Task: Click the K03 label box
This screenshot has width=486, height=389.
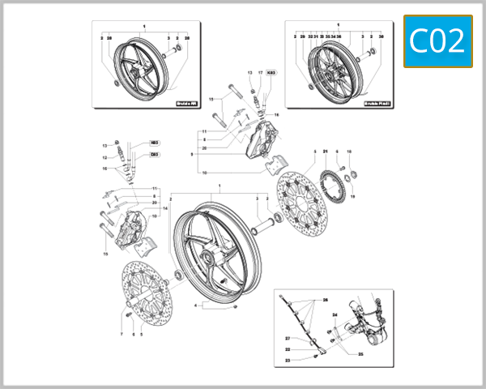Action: (x=271, y=73)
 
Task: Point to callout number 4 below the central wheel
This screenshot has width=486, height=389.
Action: (x=195, y=306)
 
